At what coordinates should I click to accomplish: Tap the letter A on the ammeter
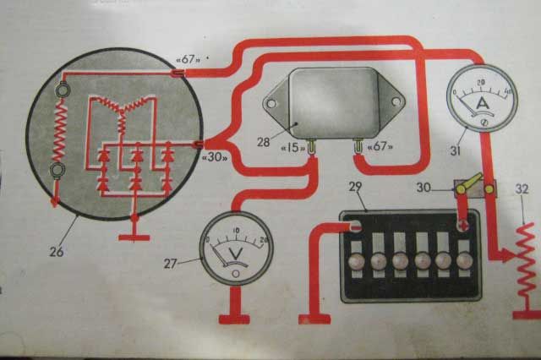(483, 103)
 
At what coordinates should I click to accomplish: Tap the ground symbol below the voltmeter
(233, 319)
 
